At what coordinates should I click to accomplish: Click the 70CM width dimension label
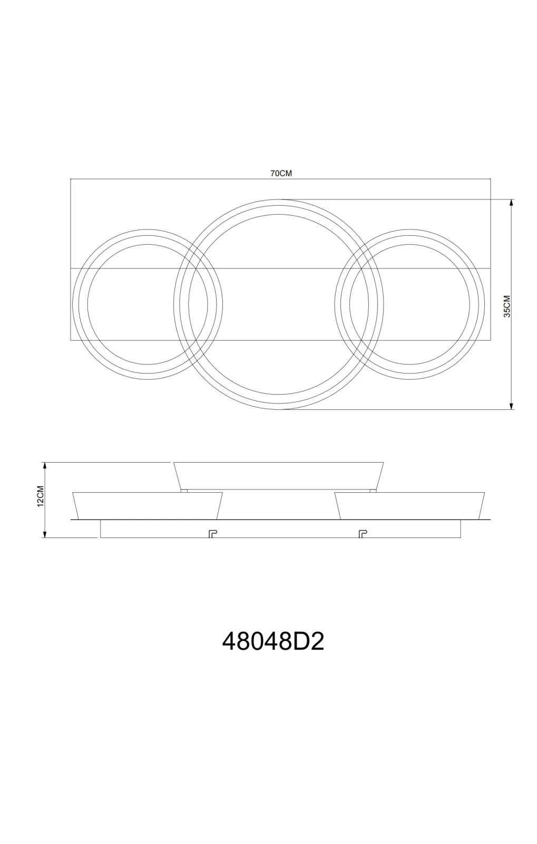pyautogui.click(x=281, y=174)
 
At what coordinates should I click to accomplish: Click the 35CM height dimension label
pyautogui.click(x=507, y=306)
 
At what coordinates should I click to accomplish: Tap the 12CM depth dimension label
pyautogui.click(x=41, y=496)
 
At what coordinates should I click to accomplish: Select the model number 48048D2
pyautogui.click(x=273, y=641)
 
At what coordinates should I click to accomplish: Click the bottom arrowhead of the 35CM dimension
pyautogui.click(x=511, y=406)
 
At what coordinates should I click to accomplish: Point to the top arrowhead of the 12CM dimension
pyautogui.click(x=45, y=466)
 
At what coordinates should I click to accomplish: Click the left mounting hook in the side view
pyautogui.click(x=213, y=534)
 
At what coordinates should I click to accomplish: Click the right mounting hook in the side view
pyautogui.click(x=363, y=534)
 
